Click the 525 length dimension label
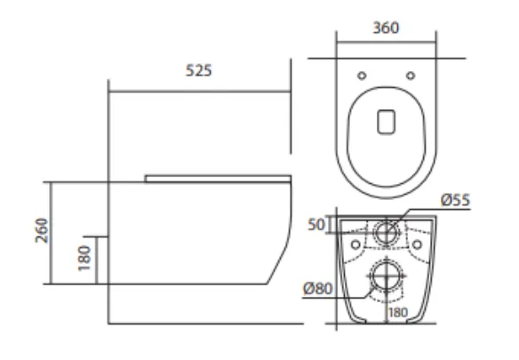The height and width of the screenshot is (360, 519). (198, 70)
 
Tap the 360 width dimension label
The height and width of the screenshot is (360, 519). (386, 28)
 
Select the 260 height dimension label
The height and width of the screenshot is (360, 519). (42, 230)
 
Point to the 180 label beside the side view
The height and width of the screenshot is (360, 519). (84, 259)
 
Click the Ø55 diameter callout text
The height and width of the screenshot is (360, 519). (455, 200)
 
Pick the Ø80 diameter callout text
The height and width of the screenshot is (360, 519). (318, 289)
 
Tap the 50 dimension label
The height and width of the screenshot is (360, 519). (316, 225)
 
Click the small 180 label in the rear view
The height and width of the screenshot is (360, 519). (398, 312)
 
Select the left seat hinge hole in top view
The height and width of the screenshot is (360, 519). (362, 76)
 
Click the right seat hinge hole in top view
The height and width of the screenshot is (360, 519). (411, 76)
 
